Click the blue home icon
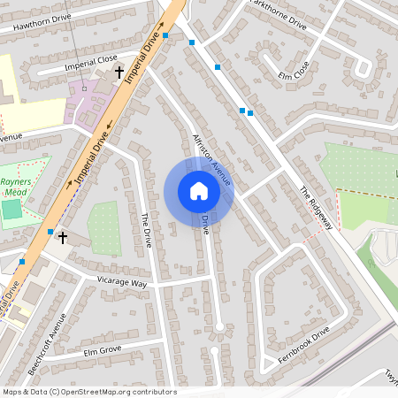[x=198, y=191]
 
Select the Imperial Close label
[x=91, y=65]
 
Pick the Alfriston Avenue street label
[x=211, y=159]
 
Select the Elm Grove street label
[x=101, y=352]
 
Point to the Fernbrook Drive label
[x=303, y=344]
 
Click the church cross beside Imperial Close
[x=119, y=72]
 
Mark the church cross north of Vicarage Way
[x=62, y=238]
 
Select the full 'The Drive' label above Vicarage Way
[x=147, y=229]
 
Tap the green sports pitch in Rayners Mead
[x=11, y=210]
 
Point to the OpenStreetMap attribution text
[x=89, y=392]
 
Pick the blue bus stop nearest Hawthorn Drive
[x=165, y=36]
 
